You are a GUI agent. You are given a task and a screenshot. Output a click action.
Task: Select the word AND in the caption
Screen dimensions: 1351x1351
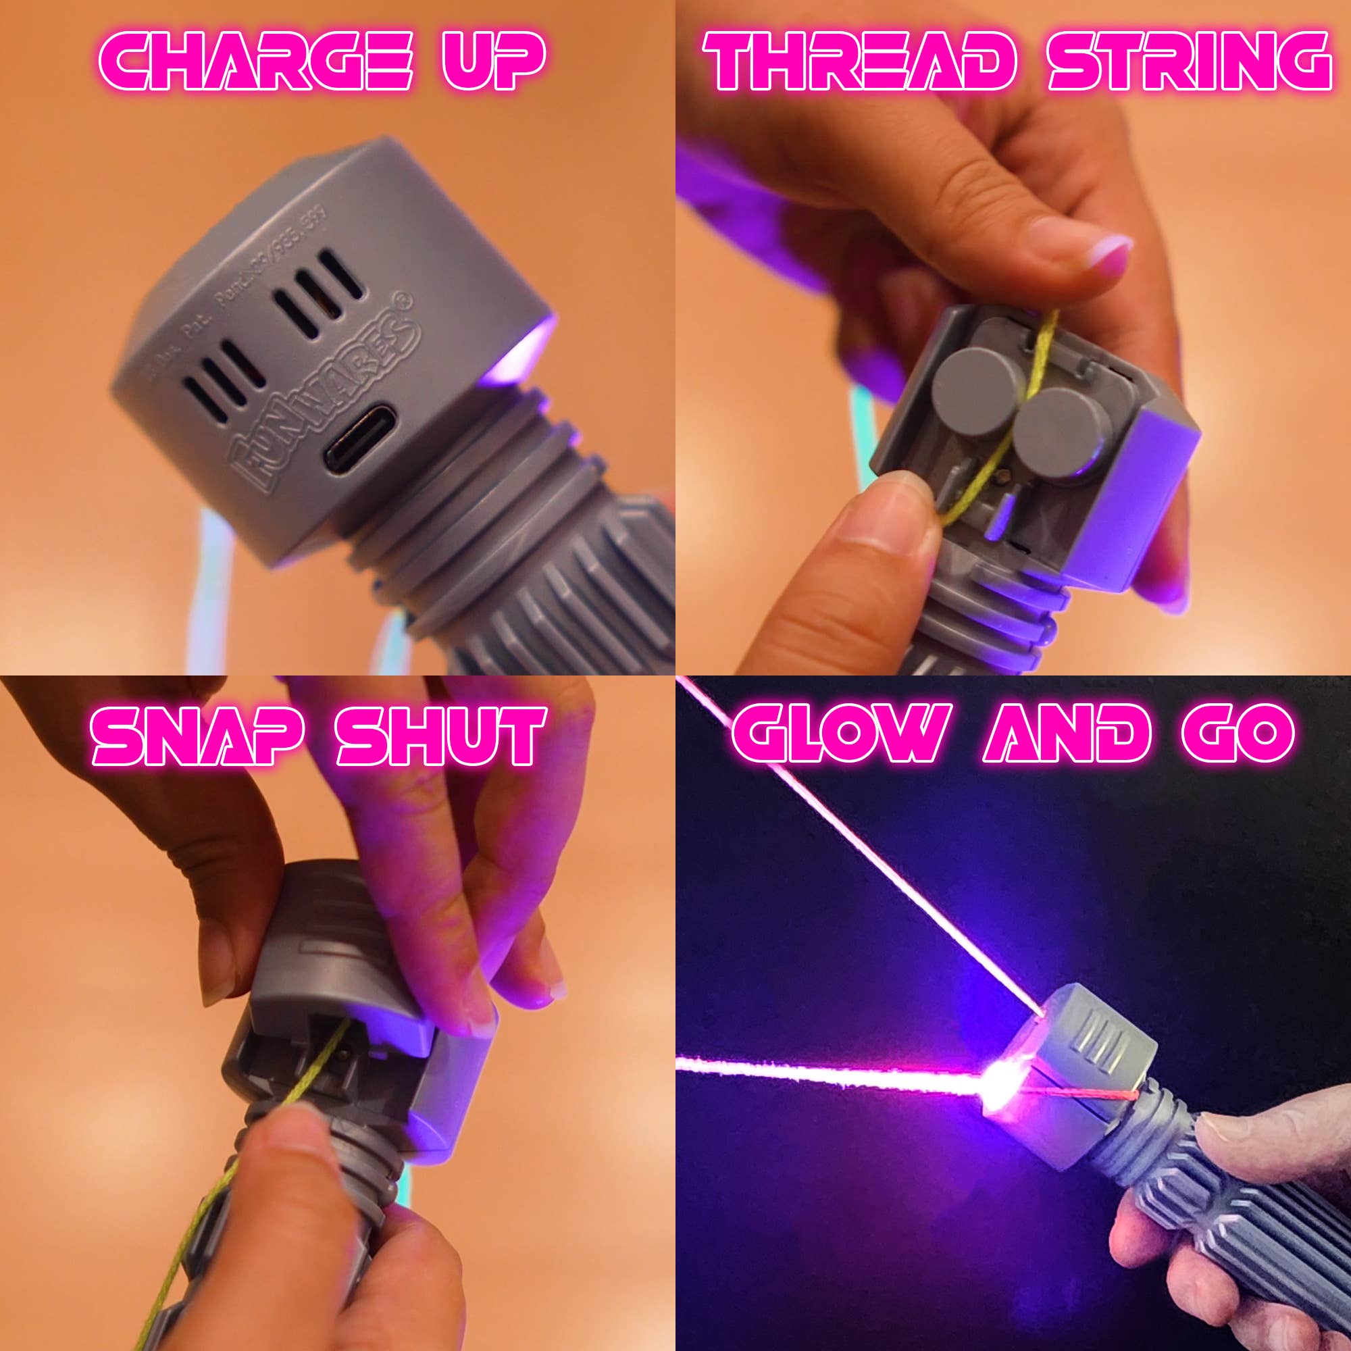pos(1067,733)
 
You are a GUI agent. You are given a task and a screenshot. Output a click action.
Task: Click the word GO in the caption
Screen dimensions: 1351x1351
pos(1238,733)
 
